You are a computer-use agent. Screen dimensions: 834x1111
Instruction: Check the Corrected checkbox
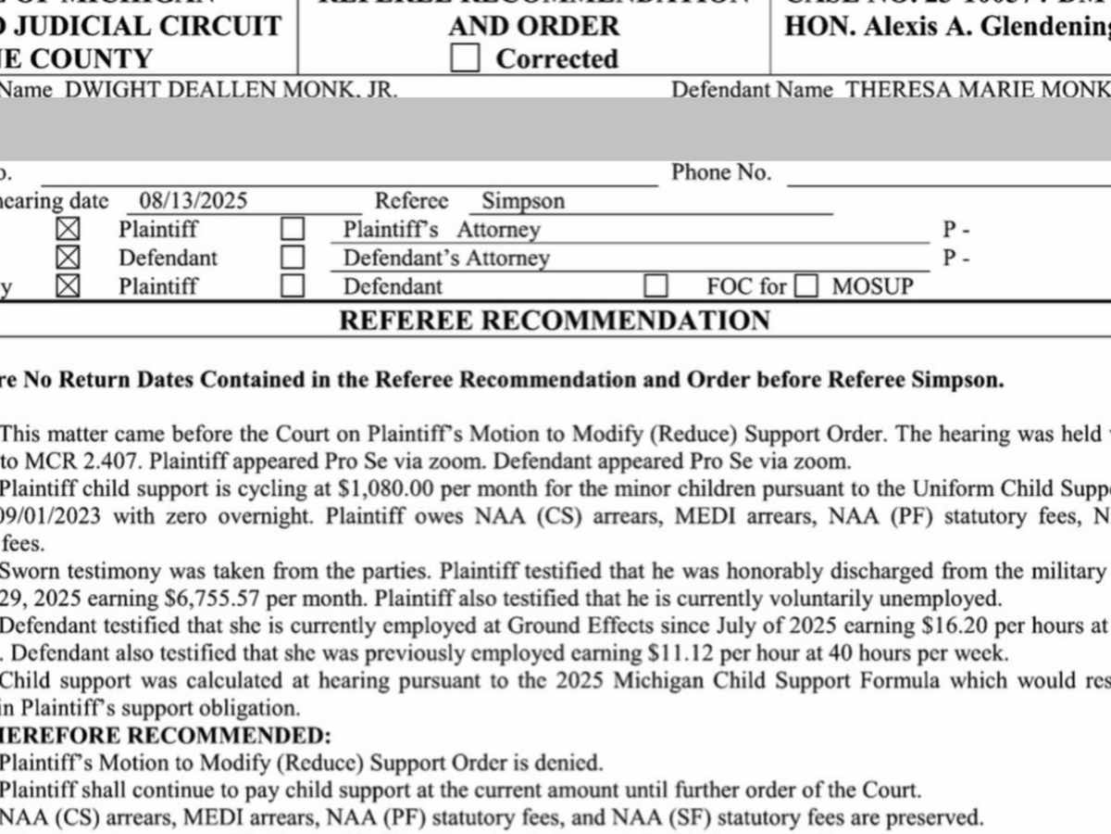tap(465, 58)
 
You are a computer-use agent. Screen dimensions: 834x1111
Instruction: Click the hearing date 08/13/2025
tap(193, 201)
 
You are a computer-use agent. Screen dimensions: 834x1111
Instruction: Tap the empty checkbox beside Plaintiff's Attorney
tap(293, 230)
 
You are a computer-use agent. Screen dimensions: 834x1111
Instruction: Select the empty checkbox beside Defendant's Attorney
tap(293, 258)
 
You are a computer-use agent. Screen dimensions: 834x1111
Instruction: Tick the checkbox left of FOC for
tap(656, 286)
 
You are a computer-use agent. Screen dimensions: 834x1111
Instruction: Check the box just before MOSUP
tap(807, 286)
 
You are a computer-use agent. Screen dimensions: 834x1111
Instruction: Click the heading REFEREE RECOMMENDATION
tap(555, 321)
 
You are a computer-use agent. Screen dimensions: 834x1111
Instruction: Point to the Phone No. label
tap(721, 172)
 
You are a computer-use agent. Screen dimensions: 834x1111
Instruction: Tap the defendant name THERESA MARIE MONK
tap(979, 90)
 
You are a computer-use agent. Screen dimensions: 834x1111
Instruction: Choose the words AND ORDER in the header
tap(534, 25)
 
